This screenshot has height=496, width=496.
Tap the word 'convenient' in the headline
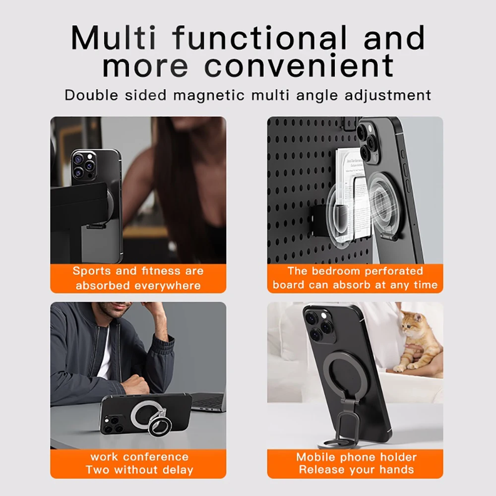pos(299,65)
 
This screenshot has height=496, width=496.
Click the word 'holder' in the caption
pos(397,456)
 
